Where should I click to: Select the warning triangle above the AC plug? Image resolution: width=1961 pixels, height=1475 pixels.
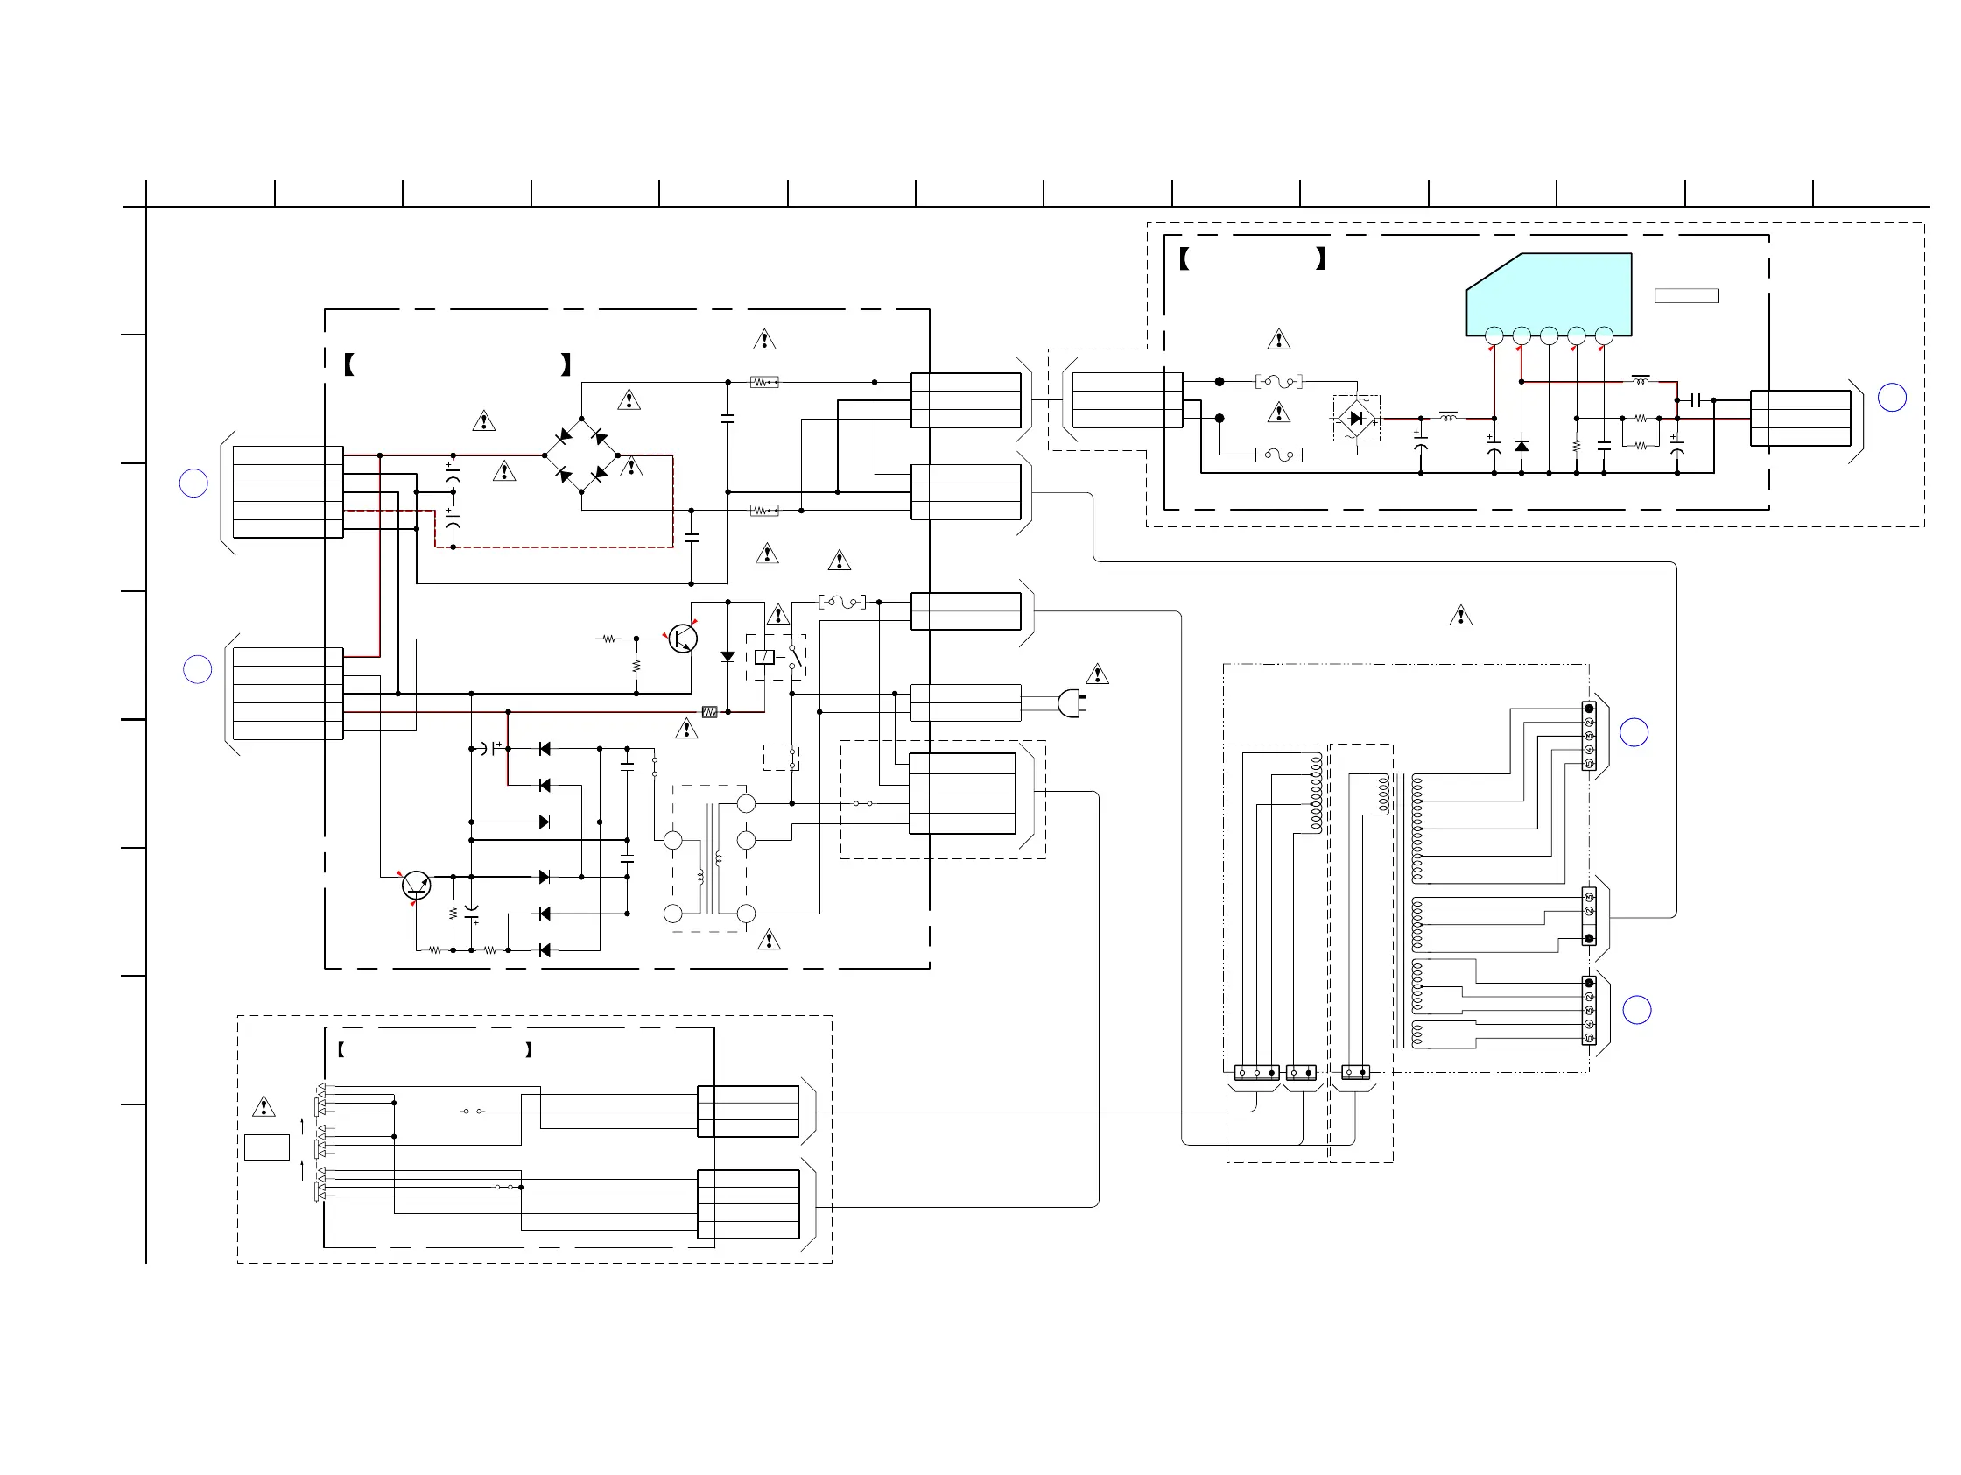1098,675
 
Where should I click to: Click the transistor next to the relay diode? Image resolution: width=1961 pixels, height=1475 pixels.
682,638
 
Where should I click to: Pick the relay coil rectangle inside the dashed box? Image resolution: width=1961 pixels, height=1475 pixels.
764,657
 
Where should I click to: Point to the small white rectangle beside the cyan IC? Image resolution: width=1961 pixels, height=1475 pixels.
1686,296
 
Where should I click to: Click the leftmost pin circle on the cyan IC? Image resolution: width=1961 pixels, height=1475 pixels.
1494,335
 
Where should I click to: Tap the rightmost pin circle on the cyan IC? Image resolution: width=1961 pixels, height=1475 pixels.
1604,335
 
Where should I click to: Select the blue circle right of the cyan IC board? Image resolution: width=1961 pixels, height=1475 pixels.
1892,398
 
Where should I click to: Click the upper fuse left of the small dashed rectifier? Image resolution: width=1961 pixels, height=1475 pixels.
1278,381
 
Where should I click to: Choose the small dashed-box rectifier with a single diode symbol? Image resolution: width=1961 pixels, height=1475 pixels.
1356,418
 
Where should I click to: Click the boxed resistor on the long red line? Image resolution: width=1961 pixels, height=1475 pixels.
709,711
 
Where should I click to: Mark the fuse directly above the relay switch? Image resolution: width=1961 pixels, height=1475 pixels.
842,603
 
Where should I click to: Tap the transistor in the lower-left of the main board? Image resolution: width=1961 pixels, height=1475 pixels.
416,886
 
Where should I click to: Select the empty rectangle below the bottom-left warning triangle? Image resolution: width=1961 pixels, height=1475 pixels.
267,1147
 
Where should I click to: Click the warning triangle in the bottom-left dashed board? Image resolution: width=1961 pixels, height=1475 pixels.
264,1107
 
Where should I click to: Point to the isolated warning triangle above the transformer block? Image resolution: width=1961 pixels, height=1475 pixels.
1461,616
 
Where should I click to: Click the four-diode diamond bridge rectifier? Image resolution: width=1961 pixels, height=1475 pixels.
581,455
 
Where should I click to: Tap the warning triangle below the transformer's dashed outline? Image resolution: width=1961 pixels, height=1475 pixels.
769,940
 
